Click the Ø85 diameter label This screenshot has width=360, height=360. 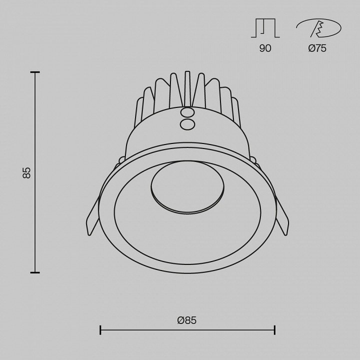(x=187, y=320)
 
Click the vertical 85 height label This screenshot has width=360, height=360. (x=26, y=172)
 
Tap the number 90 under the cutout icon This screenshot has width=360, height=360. (x=265, y=48)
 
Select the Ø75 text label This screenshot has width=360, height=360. (x=317, y=48)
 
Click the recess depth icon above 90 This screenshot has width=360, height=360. (x=265, y=28)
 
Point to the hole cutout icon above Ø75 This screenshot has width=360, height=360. (x=318, y=28)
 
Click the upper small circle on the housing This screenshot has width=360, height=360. (x=187, y=113)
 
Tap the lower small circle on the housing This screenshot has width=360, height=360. (x=187, y=124)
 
